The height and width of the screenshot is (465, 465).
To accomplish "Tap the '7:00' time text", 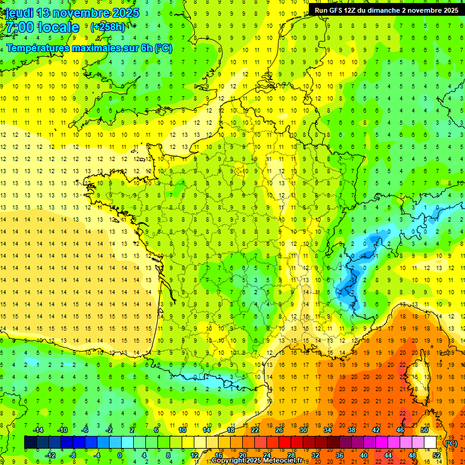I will click(x=21, y=27).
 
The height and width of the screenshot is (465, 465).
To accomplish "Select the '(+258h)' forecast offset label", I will click(x=107, y=27).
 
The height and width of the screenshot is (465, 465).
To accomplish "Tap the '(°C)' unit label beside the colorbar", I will click(x=450, y=443).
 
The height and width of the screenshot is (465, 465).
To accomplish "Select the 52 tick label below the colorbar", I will click(x=436, y=455).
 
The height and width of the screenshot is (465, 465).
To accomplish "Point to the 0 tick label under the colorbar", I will click(x=120, y=455).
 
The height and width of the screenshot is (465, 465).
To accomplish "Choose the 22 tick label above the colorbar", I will click(x=255, y=430).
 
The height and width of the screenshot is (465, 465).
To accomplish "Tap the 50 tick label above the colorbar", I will click(x=424, y=430).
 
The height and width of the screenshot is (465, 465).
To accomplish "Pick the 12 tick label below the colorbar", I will click(x=194, y=455).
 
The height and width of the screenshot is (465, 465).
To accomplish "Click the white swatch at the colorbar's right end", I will click(x=430, y=443).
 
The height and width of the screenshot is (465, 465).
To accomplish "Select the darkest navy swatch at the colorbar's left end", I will click(x=30, y=443).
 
